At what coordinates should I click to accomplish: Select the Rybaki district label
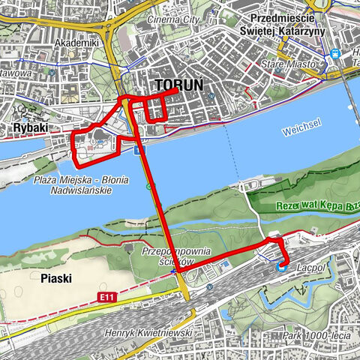[31, 128]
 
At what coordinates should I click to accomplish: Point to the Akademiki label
[76, 43]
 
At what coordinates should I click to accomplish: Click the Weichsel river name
[301, 131]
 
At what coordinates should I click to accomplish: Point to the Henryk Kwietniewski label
[150, 332]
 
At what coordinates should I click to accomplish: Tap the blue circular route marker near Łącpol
[283, 265]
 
